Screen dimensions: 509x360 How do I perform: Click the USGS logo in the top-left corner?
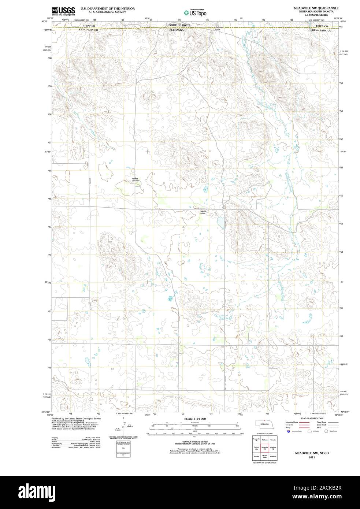[63, 11]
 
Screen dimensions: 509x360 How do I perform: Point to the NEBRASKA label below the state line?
[176, 29]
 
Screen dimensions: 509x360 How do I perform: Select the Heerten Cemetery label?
[136, 180]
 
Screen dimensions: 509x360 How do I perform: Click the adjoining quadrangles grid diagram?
[264, 449]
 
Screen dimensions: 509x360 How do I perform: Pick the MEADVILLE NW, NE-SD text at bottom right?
[312, 453]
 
